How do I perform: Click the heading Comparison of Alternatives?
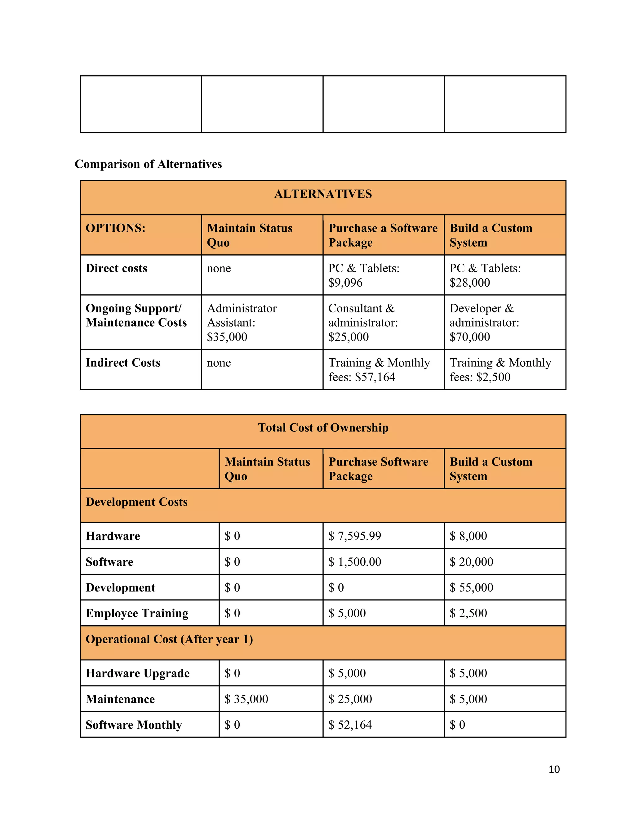click(148, 164)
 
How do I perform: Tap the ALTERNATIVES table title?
click(323, 194)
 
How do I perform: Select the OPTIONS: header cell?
click(115, 228)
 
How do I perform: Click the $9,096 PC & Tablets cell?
click(364, 275)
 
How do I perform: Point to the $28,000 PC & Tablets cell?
click(485, 275)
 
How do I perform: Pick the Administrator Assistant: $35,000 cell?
click(242, 322)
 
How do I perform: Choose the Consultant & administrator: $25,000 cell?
click(363, 322)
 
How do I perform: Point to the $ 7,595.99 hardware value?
click(354, 536)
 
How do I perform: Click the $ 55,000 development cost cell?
click(471, 587)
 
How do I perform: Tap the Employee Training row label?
click(137, 613)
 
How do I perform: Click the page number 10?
click(554, 769)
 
